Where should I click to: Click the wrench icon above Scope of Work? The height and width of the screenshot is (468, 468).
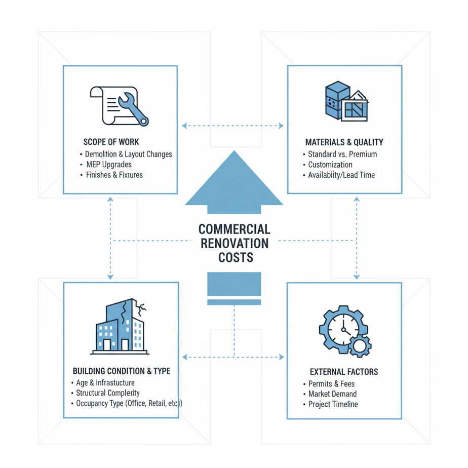coord(133,108)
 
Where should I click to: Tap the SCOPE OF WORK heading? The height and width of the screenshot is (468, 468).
coord(111,142)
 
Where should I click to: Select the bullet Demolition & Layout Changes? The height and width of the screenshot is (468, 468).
coord(128,154)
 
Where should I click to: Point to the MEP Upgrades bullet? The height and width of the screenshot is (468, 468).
coord(108,165)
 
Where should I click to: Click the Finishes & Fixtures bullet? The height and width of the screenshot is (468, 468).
coord(114,175)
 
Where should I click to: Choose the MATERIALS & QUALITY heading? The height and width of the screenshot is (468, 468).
coord(344,142)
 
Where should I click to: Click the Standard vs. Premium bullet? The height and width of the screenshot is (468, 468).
coord(342,154)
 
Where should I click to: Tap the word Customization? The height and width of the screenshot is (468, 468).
coord(330,165)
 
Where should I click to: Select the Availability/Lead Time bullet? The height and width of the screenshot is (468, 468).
coord(341,175)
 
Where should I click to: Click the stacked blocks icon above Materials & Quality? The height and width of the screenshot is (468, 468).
coord(346,101)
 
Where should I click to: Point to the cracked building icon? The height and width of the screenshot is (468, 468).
coord(120,327)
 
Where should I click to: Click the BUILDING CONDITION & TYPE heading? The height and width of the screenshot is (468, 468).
coord(122,371)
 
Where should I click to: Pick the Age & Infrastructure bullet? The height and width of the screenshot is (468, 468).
coord(105,382)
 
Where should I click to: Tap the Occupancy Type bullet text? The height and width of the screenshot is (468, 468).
coord(129,403)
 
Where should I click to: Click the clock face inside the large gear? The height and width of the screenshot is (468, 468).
coord(343,330)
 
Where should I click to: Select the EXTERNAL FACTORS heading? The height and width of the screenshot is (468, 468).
coord(344,372)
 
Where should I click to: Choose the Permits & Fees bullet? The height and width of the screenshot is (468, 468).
coord(331,383)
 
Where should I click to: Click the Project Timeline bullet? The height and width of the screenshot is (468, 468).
coord(333,404)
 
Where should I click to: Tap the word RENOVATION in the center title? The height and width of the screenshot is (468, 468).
coord(235,243)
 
